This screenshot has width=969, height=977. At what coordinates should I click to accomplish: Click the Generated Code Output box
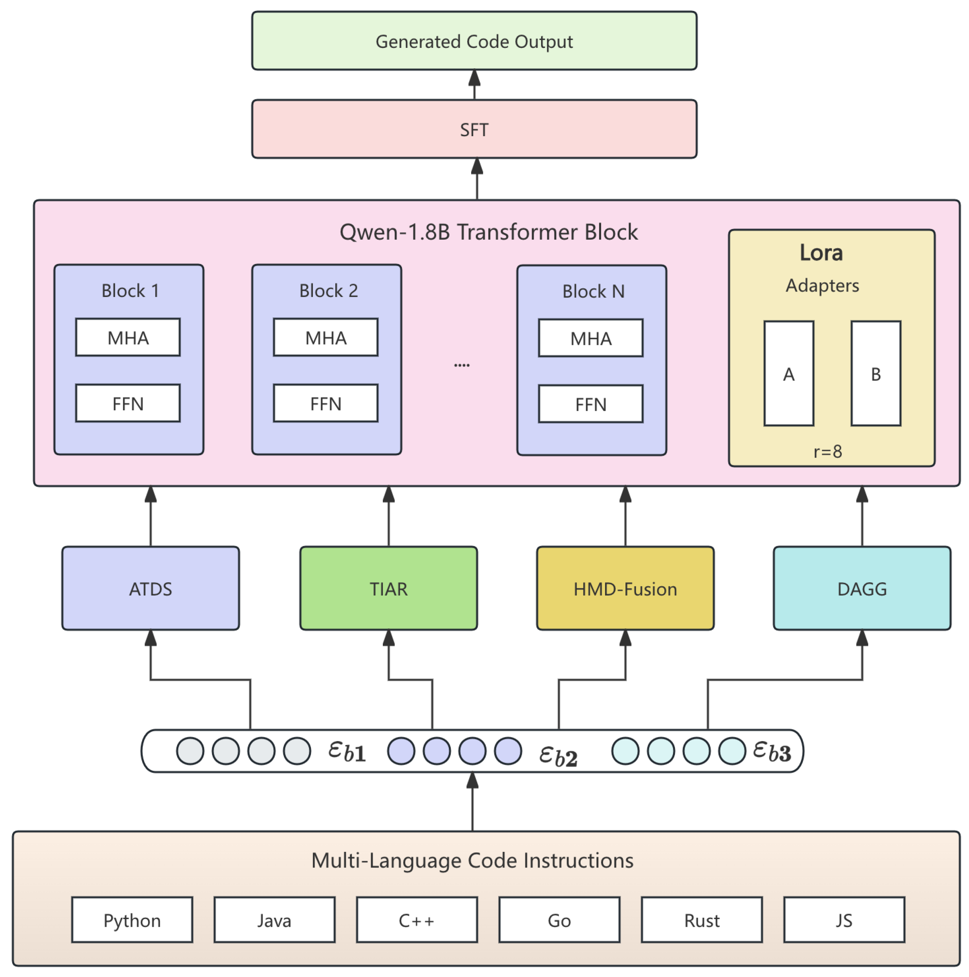click(474, 41)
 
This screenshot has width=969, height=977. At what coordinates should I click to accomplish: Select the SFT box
click(474, 129)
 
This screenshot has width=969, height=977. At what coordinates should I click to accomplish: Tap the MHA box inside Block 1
click(128, 337)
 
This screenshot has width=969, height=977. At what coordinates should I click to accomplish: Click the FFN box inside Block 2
click(325, 403)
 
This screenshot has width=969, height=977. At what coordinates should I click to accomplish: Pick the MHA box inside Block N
click(591, 338)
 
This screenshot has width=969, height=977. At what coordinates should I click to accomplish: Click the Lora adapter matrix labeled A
click(788, 374)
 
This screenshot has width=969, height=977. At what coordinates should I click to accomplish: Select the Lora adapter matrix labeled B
click(876, 374)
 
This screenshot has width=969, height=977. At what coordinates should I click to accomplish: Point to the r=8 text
click(827, 451)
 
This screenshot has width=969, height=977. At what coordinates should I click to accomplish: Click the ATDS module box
click(150, 588)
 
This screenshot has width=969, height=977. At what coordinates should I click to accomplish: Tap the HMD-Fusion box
click(625, 588)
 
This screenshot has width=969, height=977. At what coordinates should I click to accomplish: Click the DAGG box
click(862, 588)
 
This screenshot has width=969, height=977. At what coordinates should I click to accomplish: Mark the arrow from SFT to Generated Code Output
click(474, 84)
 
